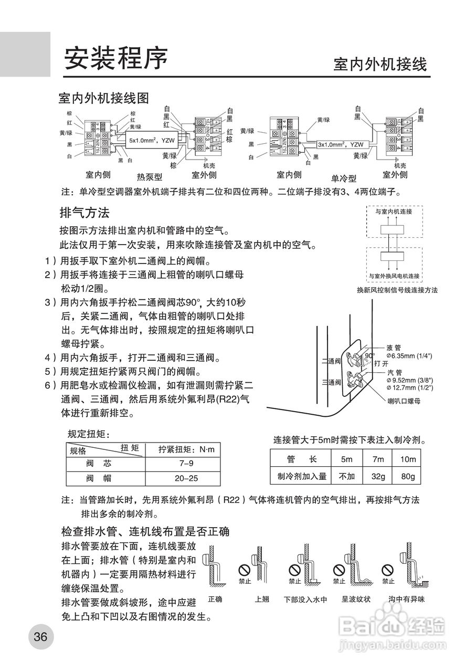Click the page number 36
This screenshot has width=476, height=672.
coord(40,637)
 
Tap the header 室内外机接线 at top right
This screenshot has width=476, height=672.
coord(380,65)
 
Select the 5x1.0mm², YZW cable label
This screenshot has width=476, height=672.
coord(152,141)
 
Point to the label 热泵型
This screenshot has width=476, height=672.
coord(150,177)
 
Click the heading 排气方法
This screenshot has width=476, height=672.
coord(84,213)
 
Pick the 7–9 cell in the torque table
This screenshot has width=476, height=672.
coord(186,464)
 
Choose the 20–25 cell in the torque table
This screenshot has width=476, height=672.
coord(186,479)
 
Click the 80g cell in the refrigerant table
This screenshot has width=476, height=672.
coord(408,477)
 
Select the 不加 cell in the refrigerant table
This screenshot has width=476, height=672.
coord(347,477)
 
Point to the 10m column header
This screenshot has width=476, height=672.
coord(408,459)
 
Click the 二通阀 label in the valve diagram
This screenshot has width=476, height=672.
coord(331,362)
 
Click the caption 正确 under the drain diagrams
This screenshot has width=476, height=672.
coord(215,599)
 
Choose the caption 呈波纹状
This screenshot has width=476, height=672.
coord(356,599)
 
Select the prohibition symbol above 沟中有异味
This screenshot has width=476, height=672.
coord(388,570)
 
